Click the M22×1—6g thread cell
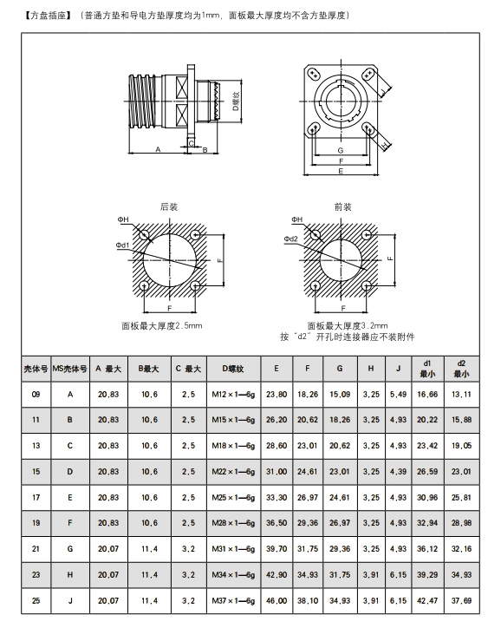pyautogui.click(x=233, y=472)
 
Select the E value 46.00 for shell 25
pyautogui.click(x=277, y=601)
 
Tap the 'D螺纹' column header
pyautogui.click(x=233, y=369)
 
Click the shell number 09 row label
pyautogui.click(x=36, y=395)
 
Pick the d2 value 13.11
pyautogui.click(x=461, y=395)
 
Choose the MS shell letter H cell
pyautogui.click(x=70, y=575)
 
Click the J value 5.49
pyautogui.click(x=398, y=395)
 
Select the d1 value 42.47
pyautogui.click(x=427, y=601)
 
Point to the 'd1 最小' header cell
pyautogui.click(x=427, y=369)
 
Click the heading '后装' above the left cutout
pyautogui.click(x=169, y=206)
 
